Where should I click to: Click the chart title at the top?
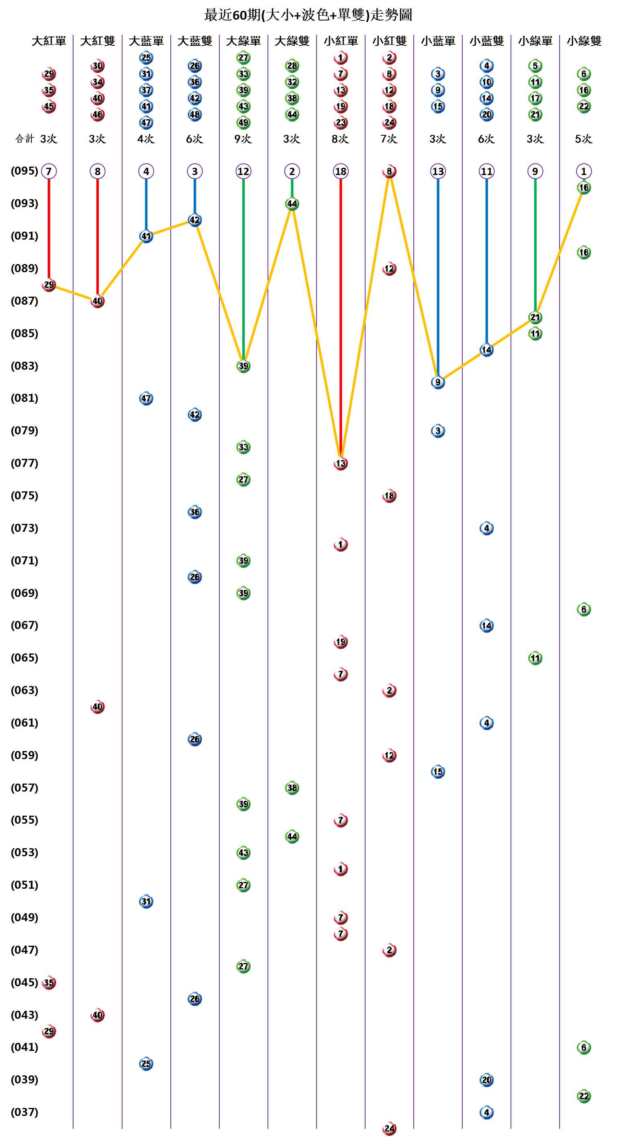308,15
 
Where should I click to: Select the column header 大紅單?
49,41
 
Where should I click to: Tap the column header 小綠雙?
584,41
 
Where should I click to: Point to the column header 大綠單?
243,41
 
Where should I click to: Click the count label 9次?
243,139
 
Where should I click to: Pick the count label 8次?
340,139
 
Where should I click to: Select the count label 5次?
583,139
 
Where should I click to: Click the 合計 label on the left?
25,139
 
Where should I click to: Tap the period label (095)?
25,171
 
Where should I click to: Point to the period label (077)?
25,463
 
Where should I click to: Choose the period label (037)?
25,1112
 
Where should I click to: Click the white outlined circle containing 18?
341,171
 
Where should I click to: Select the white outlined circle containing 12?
243,171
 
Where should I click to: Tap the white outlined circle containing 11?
486,171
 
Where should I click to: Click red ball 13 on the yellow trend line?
341,463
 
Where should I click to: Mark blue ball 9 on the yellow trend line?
438,382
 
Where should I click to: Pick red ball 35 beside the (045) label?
49,983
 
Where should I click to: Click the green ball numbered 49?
243,122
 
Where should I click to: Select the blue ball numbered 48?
195,114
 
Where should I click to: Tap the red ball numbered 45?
49,106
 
